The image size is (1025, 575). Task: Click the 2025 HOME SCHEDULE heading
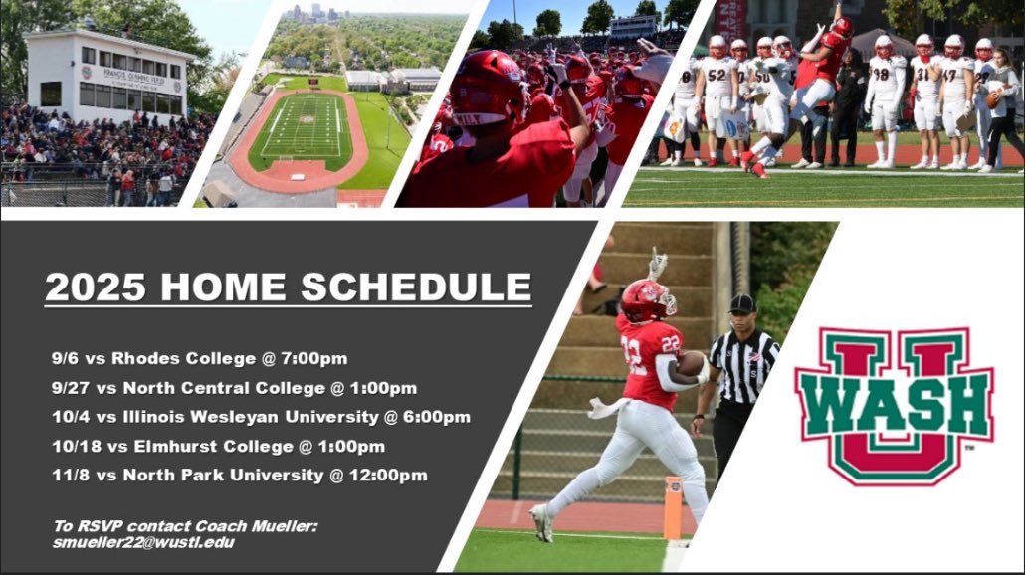pyautogui.click(x=288, y=287)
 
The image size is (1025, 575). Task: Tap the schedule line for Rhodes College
pyautogui.click(x=200, y=358)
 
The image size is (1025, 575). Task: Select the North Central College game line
pyautogui.click(x=235, y=388)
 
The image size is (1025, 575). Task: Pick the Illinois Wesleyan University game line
pyautogui.click(x=262, y=417)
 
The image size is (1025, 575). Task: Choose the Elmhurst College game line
pyautogui.click(x=219, y=446)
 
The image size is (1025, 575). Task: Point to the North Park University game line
pyautogui.click(x=240, y=476)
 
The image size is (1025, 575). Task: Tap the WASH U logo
pyautogui.click(x=894, y=405)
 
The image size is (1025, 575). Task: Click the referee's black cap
pyautogui.click(x=742, y=303)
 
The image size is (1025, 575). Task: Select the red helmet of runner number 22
pyautogui.click(x=646, y=299)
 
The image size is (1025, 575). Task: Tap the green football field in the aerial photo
pyautogui.click(x=301, y=130)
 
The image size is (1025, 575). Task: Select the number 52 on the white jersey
pyautogui.click(x=716, y=75)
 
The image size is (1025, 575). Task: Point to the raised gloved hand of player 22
pyautogui.click(x=657, y=264)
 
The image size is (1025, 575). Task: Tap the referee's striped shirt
pyautogui.click(x=745, y=363)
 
